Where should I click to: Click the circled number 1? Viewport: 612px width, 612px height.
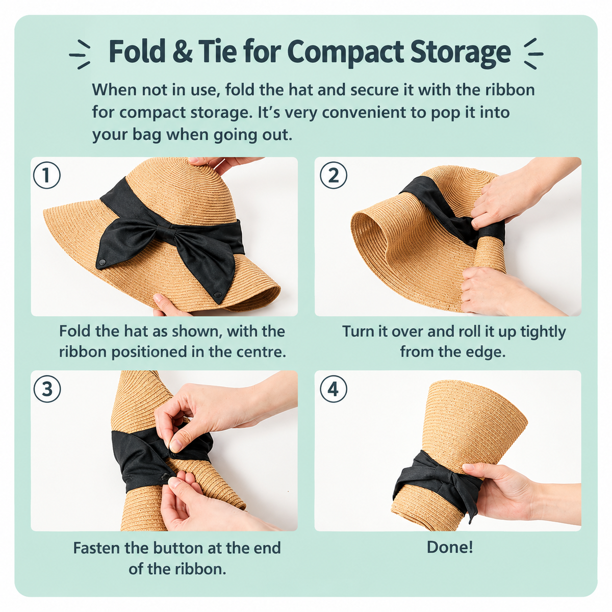click(x=47, y=175)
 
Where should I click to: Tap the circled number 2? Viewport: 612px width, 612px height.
click(x=333, y=175)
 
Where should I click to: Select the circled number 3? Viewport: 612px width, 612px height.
click(x=47, y=389)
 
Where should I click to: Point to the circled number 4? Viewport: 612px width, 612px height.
click(x=333, y=389)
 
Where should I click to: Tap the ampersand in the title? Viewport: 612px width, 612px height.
click(x=182, y=52)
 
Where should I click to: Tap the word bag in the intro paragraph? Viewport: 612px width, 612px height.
click(x=146, y=136)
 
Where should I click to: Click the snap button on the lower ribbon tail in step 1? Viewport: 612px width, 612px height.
click(x=218, y=293)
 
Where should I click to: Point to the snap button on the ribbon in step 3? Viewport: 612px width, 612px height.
click(x=165, y=476)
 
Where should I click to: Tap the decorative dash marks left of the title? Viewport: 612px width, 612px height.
click(x=80, y=54)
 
